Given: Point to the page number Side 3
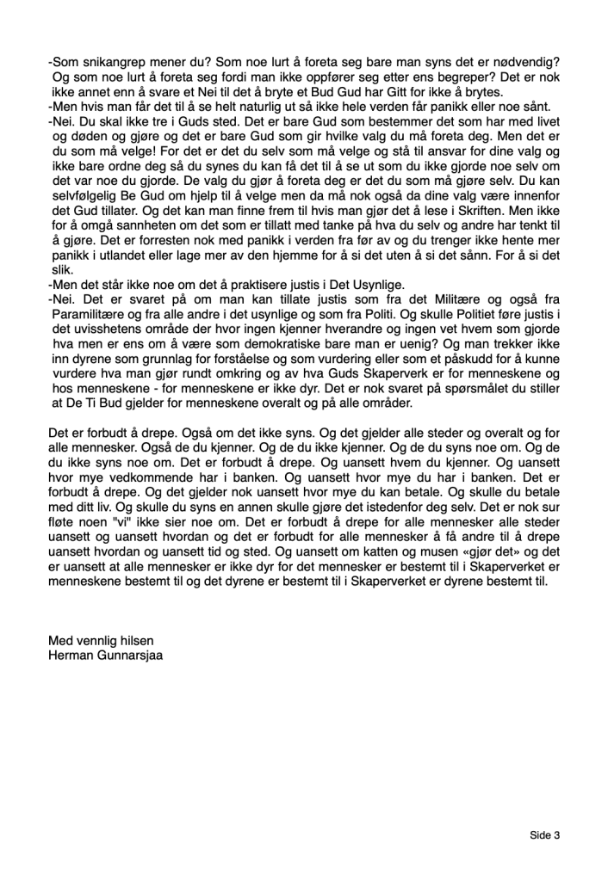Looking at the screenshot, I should (544, 834).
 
